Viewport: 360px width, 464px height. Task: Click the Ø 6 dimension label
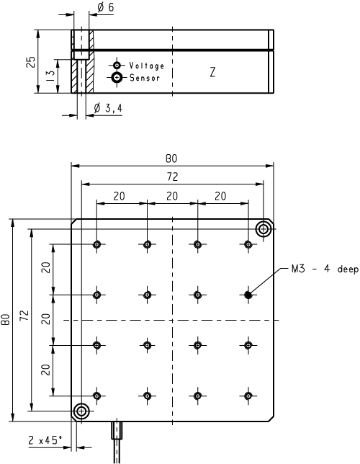(x=105, y=7)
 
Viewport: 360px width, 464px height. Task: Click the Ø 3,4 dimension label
(x=108, y=108)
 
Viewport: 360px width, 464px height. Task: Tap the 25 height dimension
(x=31, y=62)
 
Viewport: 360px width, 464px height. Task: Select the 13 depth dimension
(x=50, y=76)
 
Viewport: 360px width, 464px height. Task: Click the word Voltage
(x=146, y=66)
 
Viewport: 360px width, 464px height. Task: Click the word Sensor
(x=145, y=78)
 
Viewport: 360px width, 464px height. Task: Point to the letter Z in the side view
(x=212, y=72)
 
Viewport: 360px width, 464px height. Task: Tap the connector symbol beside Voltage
(x=117, y=65)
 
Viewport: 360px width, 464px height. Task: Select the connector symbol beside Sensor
(x=117, y=78)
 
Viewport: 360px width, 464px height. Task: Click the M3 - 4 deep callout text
(x=325, y=269)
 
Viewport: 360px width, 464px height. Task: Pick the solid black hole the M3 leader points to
(x=248, y=295)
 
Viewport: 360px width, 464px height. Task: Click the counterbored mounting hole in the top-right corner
(x=264, y=228)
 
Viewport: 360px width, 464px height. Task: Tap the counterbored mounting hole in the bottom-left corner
(x=81, y=411)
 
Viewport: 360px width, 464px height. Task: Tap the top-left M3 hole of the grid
(x=96, y=244)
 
